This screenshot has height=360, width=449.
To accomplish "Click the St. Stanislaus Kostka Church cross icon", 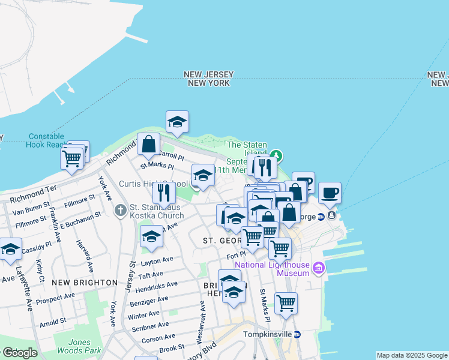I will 120,211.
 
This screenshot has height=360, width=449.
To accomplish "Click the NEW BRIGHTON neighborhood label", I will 84,282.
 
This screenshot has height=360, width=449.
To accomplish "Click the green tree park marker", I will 276,155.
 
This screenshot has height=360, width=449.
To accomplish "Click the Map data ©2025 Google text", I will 412,355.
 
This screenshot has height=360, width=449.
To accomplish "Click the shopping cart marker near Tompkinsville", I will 286,302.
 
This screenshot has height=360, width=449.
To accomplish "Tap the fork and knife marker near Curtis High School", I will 163,192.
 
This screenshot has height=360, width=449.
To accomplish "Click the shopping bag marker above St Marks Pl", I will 148,143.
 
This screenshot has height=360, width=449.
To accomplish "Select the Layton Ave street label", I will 157,262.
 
